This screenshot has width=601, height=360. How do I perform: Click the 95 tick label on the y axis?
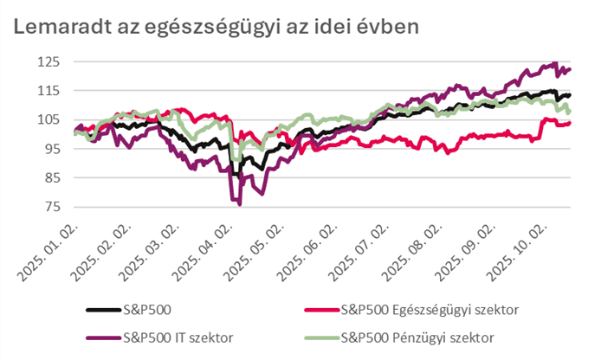pyautogui.click(x=50, y=149)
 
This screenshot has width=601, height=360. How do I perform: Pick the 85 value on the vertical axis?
pyautogui.click(x=50, y=177)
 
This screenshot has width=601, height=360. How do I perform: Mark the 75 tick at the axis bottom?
pyautogui.click(x=50, y=206)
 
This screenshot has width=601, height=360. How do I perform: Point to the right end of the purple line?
pyautogui.click(x=569, y=69)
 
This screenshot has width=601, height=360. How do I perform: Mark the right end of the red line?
pyautogui.click(x=569, y=123)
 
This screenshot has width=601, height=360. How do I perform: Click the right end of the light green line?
pyautogui.click(x=569, y=111)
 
